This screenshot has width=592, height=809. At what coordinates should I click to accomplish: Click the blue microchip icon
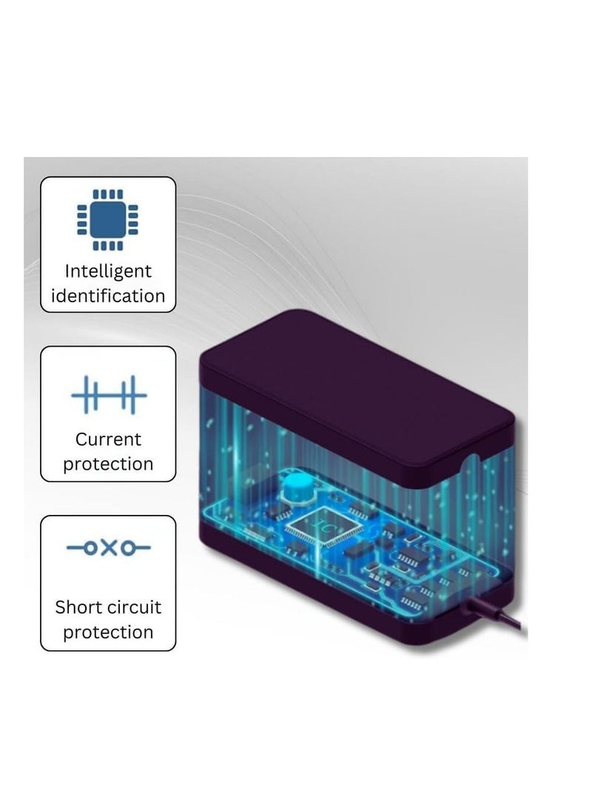click(108, 220)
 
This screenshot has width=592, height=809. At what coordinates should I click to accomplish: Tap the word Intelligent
click(108, 271)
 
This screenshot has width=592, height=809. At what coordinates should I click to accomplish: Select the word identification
click(108, 296)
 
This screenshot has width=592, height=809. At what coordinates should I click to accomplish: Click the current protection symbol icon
click(109, 395)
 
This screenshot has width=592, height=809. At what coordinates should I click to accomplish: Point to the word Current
click(108, 439)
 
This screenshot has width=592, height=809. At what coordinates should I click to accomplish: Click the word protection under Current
click(108, 465)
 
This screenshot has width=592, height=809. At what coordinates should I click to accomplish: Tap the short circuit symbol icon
click(109, 547)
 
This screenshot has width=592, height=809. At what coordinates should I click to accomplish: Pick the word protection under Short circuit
click(108, 633)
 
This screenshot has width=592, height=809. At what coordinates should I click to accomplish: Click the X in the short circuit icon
click(109, 547)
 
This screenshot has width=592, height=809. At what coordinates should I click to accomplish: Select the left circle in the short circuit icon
click(91, 547)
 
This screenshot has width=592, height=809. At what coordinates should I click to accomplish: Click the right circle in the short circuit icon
click(127, 547)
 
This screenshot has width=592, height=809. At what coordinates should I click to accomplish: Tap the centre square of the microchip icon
click(108, 220)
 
